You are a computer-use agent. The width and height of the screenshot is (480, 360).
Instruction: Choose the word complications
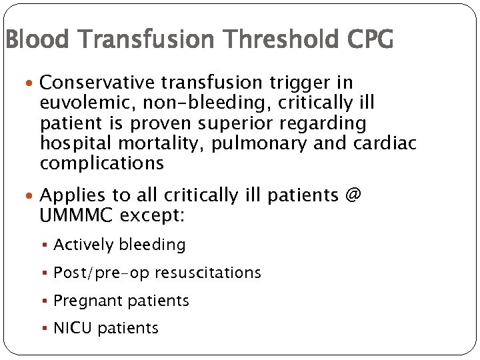point(101,163)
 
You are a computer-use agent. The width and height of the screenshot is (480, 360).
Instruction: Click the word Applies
point(69,195)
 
